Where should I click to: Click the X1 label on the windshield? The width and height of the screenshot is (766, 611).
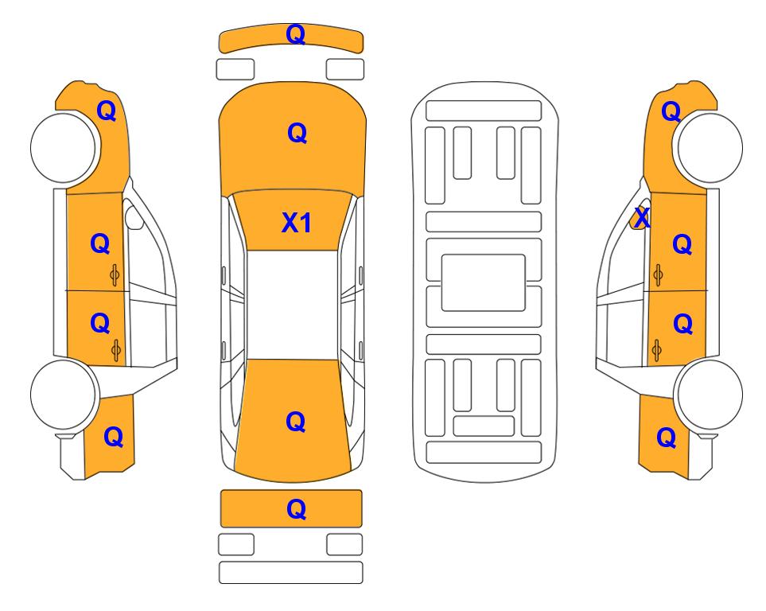coord(297,223)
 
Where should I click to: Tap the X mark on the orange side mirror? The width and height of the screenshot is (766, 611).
coord(641,217)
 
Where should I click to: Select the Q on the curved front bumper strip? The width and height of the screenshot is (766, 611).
coord(296,34)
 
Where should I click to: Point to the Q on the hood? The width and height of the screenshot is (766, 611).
coord(297,133)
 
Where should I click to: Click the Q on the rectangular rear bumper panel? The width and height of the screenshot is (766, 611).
coord(297,509)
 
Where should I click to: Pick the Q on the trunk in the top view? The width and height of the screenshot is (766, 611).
coord(296,422)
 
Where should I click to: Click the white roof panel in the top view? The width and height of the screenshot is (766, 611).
coord(292,305)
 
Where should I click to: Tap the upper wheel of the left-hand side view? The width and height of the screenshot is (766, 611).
coord(64,148)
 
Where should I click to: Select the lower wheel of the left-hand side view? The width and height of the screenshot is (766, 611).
coord(64,395)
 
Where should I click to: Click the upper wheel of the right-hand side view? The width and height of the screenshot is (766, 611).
coord(710,148)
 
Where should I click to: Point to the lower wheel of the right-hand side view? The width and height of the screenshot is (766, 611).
coord(709,395)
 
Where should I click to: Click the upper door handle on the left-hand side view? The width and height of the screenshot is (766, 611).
coord(115,275)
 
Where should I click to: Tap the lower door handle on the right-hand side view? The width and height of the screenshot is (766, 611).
coord(657,351)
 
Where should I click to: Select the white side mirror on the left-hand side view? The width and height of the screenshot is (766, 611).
coord(134,217)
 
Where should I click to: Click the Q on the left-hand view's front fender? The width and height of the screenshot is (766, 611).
coord(107,111)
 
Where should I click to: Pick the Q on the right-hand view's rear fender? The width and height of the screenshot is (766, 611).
coord(667,438)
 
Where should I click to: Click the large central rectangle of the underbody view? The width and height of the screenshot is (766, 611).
coord(483,282)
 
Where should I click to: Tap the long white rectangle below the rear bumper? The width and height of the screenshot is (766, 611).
coord(290,572)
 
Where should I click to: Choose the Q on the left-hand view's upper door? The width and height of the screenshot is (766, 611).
coord(100,243)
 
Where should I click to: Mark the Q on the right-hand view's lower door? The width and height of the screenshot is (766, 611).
coord(683,324)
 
